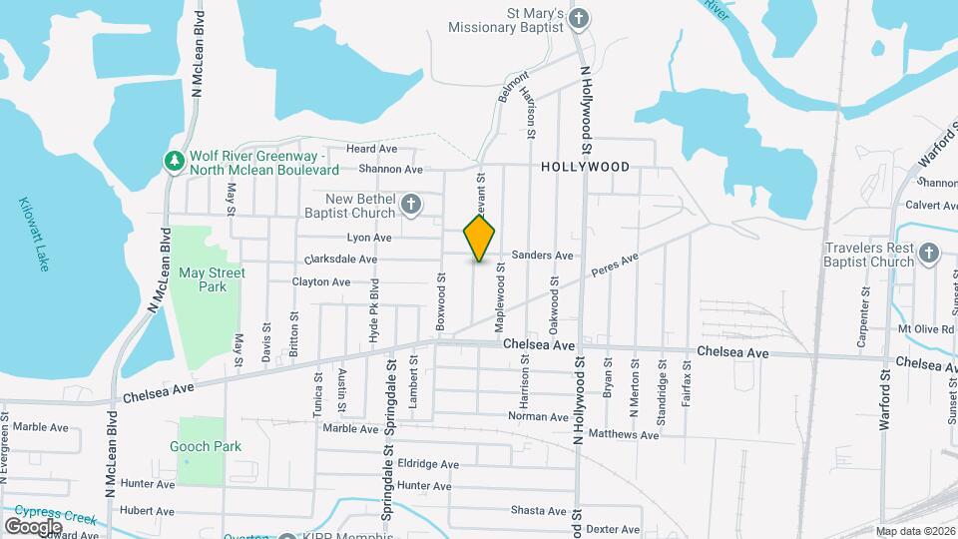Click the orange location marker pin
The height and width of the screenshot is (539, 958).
(479, 239)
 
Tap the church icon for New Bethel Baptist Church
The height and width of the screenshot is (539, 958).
(410, 207)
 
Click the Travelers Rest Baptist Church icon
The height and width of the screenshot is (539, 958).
(929, 253)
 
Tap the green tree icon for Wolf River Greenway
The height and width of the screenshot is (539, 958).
(175, 161)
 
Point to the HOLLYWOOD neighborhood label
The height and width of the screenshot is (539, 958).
(585, 167)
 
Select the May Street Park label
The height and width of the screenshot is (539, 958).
(212, 279)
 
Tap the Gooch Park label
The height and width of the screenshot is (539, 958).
(206, 447)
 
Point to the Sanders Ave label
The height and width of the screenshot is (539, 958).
(542, 256)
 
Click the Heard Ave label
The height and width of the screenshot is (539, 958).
(371, 149)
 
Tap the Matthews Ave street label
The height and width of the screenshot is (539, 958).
(624, 434)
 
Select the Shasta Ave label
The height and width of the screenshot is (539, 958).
(540, 510)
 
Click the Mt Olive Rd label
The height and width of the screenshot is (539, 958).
(926, 328)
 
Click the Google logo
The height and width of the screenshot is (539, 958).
(33, 526)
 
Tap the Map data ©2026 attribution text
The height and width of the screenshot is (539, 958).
(914, 531)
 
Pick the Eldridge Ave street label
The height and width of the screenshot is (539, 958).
(428, 464)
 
